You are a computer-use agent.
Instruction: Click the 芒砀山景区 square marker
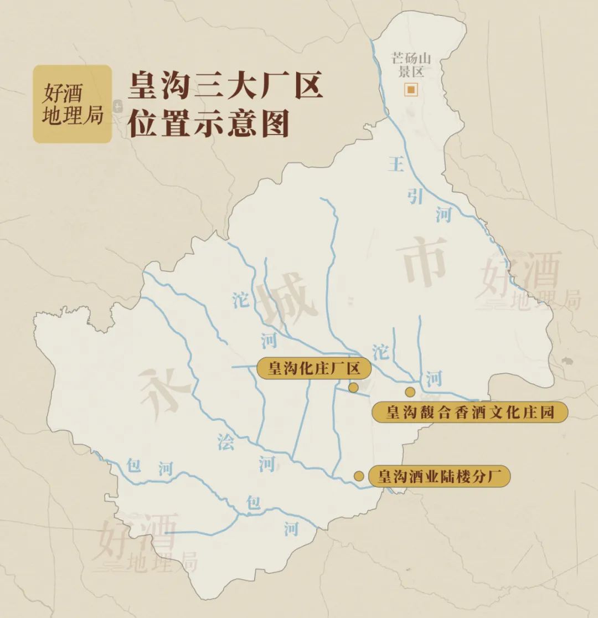click(x=411, y=89)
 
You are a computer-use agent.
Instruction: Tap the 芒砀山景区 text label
click(x=411, y=64)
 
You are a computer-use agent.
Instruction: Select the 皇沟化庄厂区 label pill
click(x=313, y=368)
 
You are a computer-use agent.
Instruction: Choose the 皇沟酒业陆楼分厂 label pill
click(x=440, y=476)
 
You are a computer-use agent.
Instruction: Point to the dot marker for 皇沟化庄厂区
click(x=353, y=387)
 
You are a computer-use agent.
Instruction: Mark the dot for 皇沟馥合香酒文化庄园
click(x=410, y=392)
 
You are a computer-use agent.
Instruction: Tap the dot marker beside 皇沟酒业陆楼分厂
click(x=359, y=476)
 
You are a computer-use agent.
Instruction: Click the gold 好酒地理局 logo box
click(x=73, y=104)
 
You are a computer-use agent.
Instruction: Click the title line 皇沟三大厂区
click(x=225, y=87)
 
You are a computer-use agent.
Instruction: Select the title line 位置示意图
click(x=209, y=125)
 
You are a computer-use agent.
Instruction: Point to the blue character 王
click(x=396, y=164)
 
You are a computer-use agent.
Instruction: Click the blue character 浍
click(x=226, y=442)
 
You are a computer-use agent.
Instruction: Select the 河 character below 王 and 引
click(x=444, y=213)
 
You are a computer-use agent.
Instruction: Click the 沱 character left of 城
click(x=241, y=300)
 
